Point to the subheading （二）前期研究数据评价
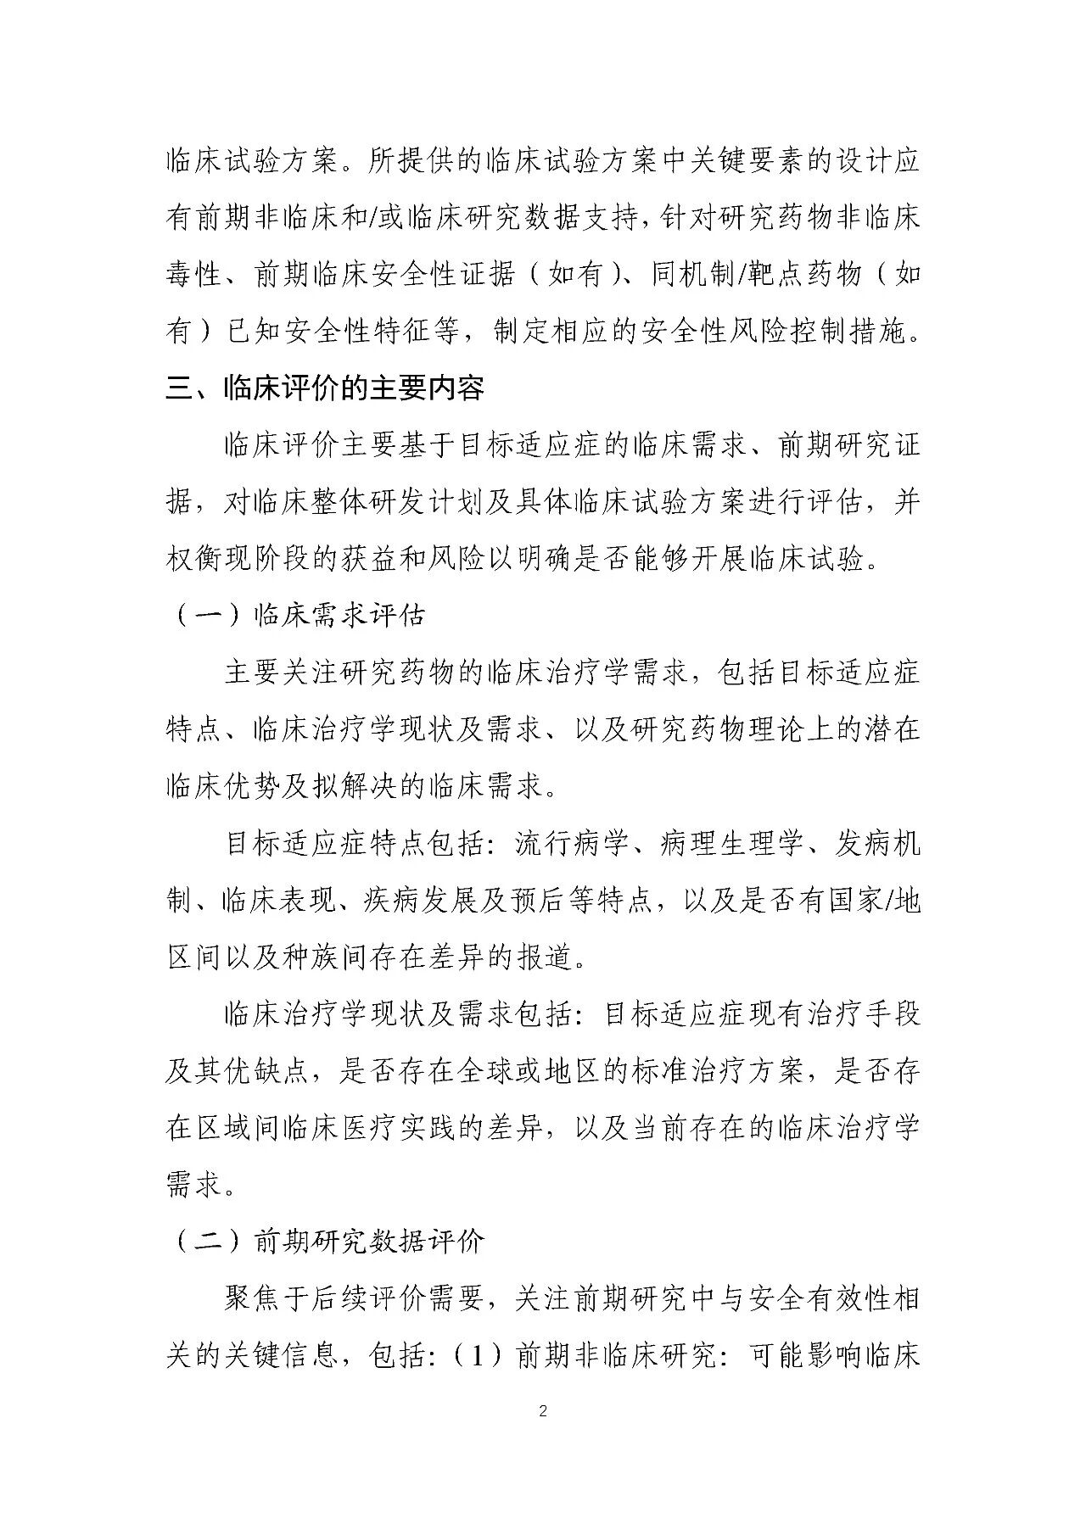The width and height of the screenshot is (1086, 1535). click(x=326, y=1242)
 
